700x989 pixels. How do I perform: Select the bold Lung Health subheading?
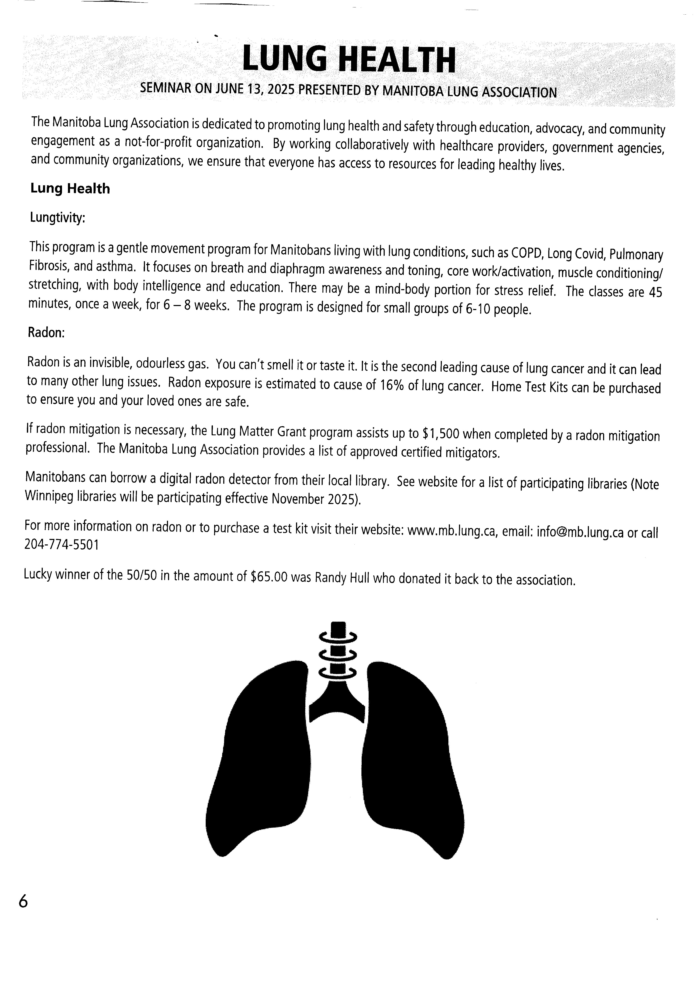(70, 189)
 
